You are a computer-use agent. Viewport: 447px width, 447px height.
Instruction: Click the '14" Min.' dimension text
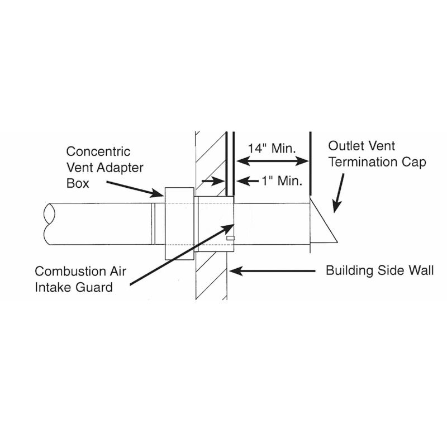[272, 148]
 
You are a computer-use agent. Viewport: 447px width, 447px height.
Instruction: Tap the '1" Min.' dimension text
[282, 180]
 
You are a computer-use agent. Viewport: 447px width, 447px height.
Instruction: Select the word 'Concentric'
[98, 151]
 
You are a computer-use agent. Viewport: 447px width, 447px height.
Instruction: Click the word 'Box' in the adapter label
[78, 183]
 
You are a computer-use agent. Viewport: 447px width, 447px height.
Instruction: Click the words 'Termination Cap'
[377, 162]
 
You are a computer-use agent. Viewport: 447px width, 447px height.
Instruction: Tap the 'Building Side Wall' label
[380, 270]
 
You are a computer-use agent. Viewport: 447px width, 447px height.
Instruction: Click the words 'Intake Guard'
[74, 287]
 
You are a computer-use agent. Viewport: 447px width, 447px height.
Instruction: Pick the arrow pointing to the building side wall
[272, 271]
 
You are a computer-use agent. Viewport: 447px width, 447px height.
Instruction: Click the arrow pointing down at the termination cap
[339, 193]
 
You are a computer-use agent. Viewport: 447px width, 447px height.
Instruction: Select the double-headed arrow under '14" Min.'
[273, 161]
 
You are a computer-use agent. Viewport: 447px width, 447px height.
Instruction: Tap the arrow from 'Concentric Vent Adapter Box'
[135, 189]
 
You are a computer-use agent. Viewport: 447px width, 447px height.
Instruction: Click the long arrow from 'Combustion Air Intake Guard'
[182, 254]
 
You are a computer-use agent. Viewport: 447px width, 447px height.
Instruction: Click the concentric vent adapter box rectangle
[179, 223]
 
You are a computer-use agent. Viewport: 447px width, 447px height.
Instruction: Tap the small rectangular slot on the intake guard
[230, 238]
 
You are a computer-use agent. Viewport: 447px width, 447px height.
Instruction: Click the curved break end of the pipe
[49, 224]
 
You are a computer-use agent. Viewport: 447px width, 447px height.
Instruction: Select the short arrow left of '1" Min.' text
[248, 181]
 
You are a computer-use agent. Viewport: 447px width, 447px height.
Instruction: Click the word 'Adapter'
[120, 168]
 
